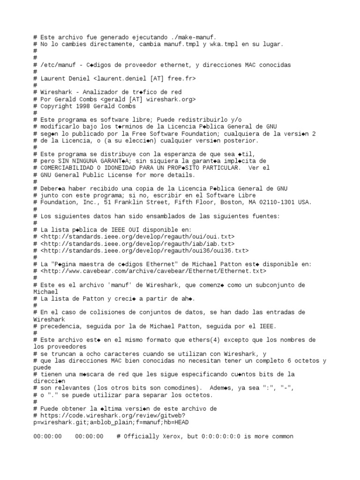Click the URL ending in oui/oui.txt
tap(138, 237)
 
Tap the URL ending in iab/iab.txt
tap(138, 244)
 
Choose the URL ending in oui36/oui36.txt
tap(145, 251)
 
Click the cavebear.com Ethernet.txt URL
tap(153, 271)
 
